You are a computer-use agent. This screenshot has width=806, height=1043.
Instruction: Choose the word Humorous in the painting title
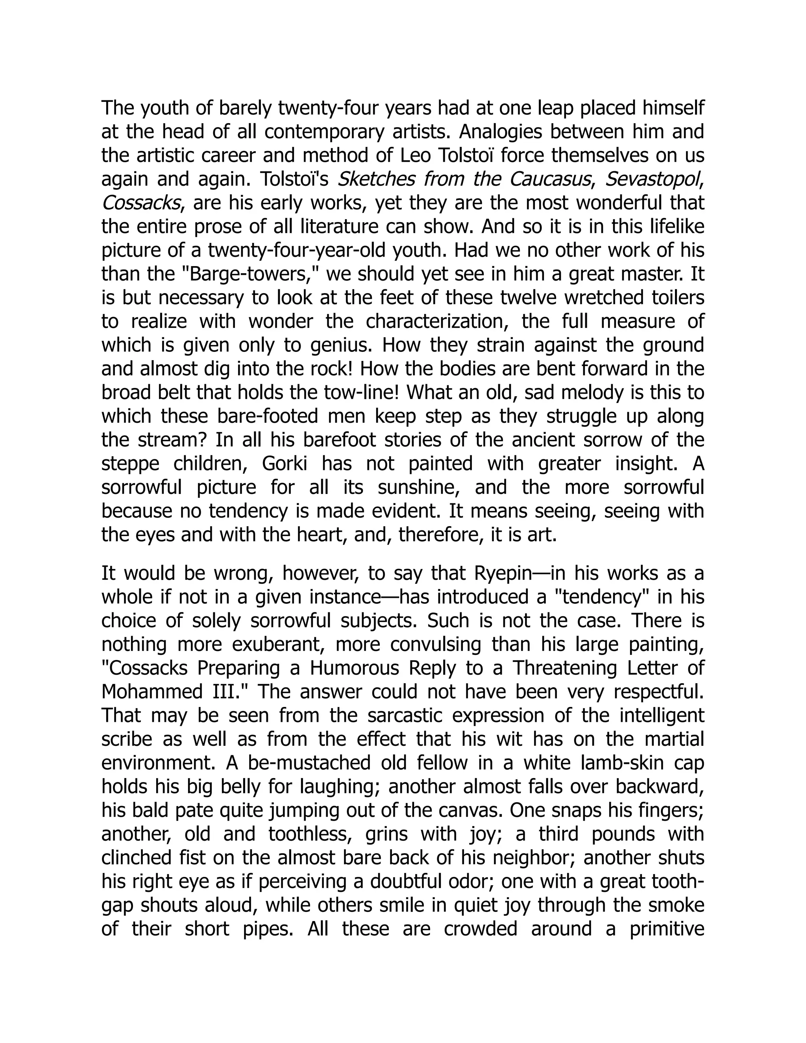354,669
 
